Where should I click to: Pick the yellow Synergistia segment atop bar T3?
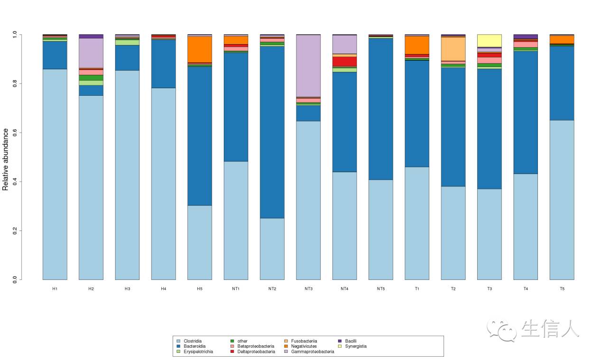(x=489, y=41)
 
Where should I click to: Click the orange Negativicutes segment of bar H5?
(x=200, y=49)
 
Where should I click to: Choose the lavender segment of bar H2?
(x=91, y=53)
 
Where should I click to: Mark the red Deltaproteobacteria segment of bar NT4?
(x=345, y=61)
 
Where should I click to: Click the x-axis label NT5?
(x=381, y=289)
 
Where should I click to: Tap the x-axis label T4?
(x=526, y=289)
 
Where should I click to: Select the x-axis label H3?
(x=127, y=289)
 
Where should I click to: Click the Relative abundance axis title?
(x=6, y=159)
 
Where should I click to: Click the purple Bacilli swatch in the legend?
(x=340, y=341)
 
